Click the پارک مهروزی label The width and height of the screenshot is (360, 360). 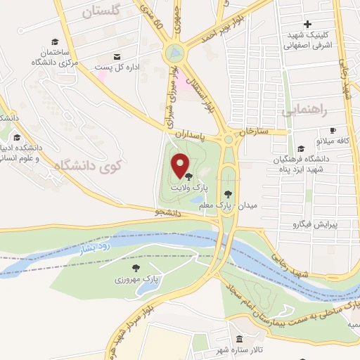137,280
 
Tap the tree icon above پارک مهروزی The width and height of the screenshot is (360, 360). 136,267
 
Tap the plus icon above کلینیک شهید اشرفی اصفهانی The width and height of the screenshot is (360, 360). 307,25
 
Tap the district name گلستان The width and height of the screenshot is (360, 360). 101,12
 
